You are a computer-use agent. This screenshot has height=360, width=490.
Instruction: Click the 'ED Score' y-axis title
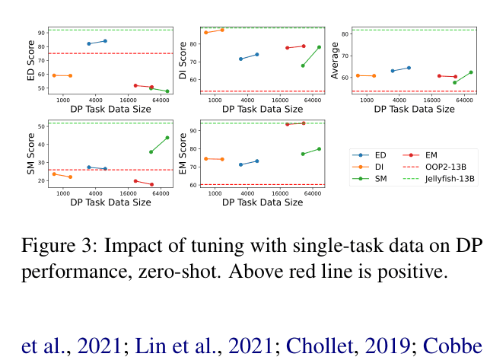click(31, 61)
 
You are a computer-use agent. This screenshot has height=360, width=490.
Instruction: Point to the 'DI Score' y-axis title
click(183, 61)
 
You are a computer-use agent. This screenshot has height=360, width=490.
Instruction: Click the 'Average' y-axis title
click(335, 61)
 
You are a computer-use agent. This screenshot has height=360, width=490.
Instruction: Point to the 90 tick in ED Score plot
click(40, 33)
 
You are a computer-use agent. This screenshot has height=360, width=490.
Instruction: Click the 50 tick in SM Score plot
click(40, 126)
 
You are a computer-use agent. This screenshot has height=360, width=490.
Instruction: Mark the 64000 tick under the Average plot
click(465, 100)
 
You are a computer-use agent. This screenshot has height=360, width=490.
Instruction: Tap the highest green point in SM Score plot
click(167, 138)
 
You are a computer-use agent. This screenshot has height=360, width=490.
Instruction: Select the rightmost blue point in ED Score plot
click(105, 41)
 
